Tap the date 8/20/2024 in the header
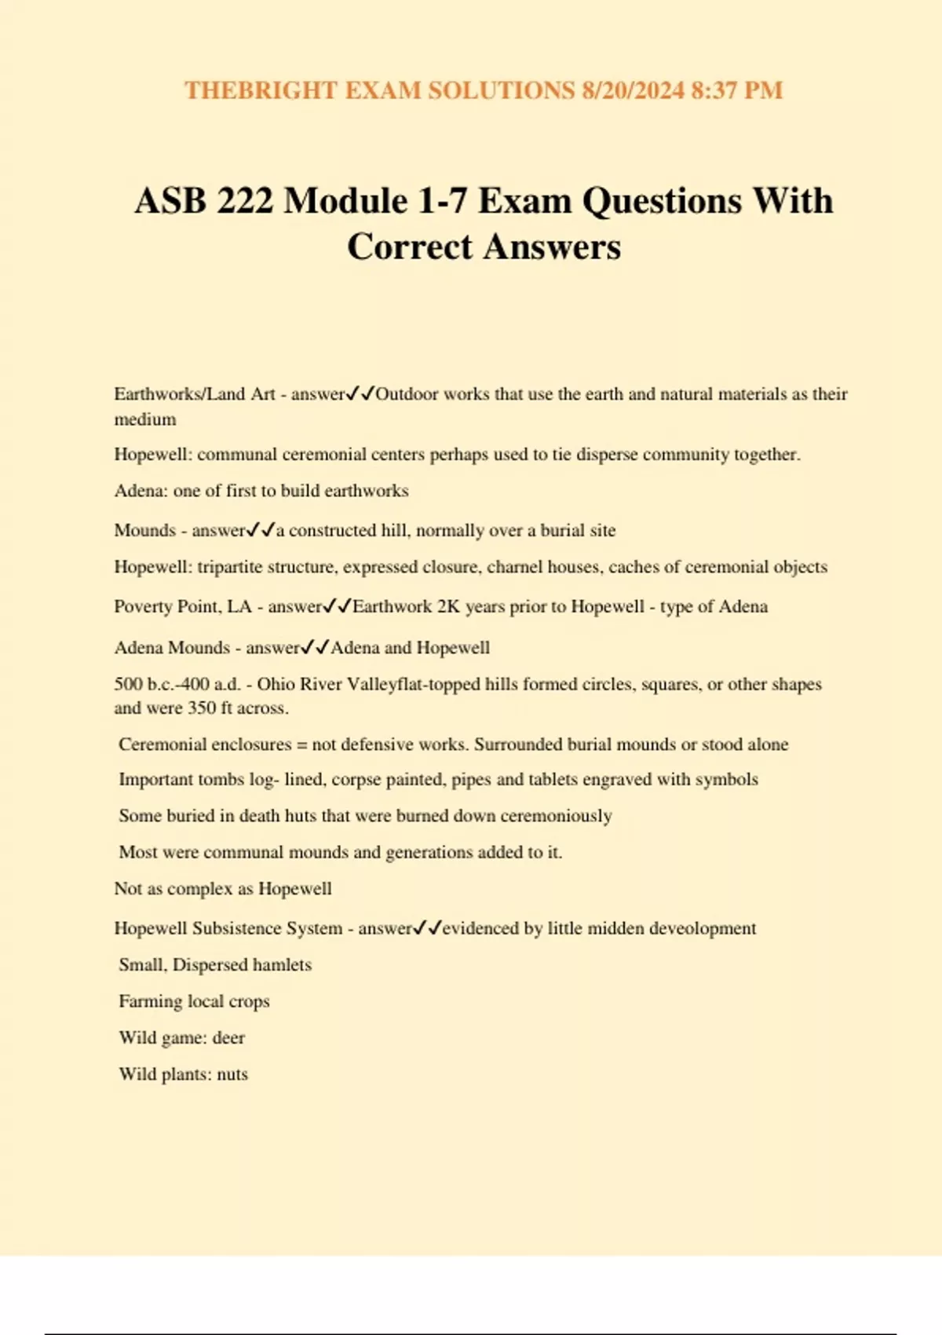pyautogui.click(x=633, y=90)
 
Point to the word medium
pyautogui.click(x=145, y=419)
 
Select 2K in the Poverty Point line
pyautogui.click(x=448, y=607)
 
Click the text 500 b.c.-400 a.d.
pyautogui.click(x=177, y=685)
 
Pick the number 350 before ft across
pyautogui.click(x=202, y=708)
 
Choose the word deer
pyautogui.click(x=228, y=1038)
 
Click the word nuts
pyautogui.click(x=232, y=1074)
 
